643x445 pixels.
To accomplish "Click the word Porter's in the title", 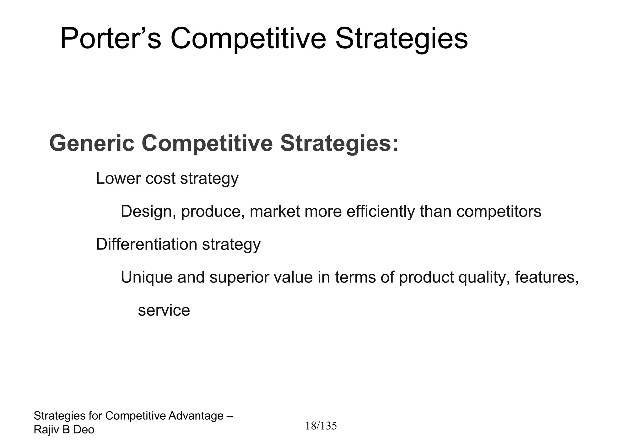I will point(110,39).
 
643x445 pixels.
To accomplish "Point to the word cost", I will point(160,178).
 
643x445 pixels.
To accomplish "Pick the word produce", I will point(213,212).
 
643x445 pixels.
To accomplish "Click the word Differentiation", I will point(146,244).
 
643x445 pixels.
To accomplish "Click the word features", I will point(547,277).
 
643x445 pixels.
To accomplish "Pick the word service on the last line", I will point(164,310).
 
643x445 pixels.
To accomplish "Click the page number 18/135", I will point(321,426).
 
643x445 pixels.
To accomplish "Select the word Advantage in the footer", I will point(196,416).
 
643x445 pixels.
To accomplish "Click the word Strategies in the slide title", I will point(401,39).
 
